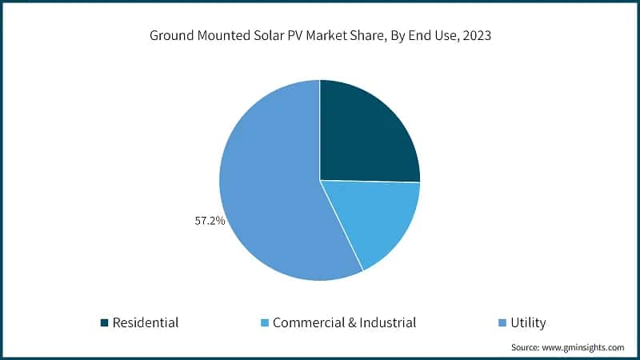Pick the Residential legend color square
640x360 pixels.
103,323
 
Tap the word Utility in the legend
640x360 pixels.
530,323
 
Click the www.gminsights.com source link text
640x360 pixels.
585,348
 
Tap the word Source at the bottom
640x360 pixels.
527,348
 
